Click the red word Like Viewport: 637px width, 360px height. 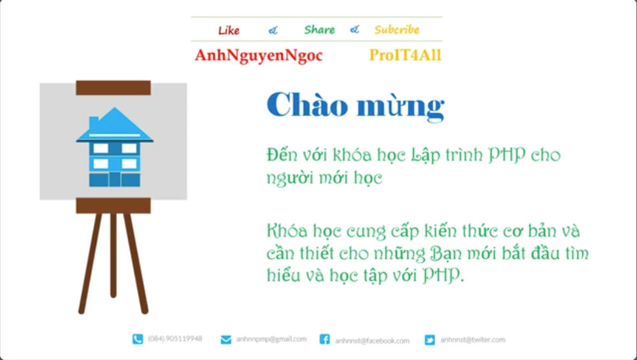(229, 30)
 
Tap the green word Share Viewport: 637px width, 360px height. (319, 29)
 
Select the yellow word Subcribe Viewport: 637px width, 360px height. (397, 29)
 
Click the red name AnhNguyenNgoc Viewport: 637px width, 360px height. (259, 56)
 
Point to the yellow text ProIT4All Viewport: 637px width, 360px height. (405, 56)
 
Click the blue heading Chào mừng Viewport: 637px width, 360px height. (355, 105)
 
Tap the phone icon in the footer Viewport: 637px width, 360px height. (138, 340)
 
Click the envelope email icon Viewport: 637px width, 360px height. (225, 340)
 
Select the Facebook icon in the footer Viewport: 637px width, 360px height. (324, 340)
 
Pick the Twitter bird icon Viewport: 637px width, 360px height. (430, 340)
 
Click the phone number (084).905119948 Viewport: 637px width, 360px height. (175, 339)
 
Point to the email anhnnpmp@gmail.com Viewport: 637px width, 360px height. (271, 339)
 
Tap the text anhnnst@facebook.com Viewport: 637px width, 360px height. (373, 340)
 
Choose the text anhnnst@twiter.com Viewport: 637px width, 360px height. (473, 340)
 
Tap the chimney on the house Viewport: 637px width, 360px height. (94, 121)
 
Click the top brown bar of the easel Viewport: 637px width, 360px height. (113, 87)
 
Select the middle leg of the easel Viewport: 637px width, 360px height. (113, 255)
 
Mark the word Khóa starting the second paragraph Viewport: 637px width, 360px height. (285, 230)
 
